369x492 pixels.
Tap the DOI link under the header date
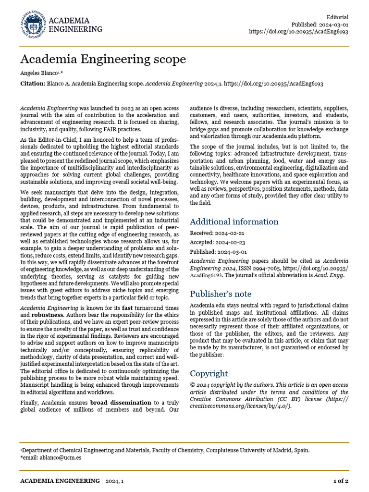pos(298,32)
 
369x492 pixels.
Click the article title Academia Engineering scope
pos(102,60)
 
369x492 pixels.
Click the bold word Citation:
pos(32,84)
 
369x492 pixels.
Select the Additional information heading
pos(234,221)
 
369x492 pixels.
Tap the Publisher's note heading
pos(221,294)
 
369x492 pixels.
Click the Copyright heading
pos(209,373)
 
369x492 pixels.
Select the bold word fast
pos(127,307)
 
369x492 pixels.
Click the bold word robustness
pos(48,315)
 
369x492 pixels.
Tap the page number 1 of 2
pos(341,481)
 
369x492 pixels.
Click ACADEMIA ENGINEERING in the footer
pos(60,481)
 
